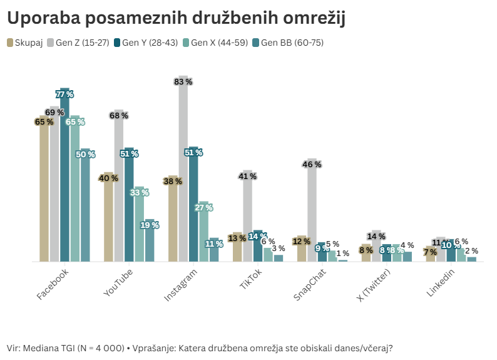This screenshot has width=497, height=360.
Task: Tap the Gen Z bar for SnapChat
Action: (x=312, y=213)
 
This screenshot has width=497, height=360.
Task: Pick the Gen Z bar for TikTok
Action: (x=248, y=219)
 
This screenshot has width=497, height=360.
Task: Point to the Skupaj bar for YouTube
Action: (x=108, y=219)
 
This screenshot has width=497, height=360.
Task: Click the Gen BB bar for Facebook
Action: (x=85, y=207)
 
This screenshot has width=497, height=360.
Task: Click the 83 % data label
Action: (x=183, y=81)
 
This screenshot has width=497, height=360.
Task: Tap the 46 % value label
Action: (x=312, y=165)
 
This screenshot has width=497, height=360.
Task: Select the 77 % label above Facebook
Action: (x=64, y=94)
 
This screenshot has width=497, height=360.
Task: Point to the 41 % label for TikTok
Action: (x=248, y=176)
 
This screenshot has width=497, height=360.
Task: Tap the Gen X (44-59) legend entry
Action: (x=217, y=43)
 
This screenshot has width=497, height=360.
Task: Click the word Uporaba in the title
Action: (x=43, y=19)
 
